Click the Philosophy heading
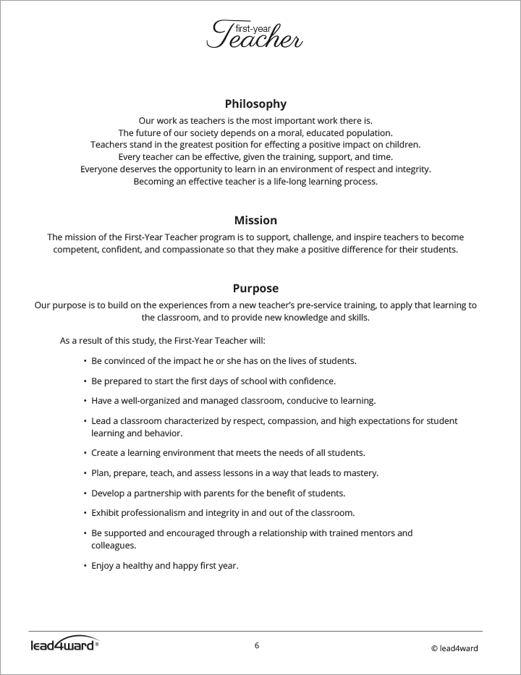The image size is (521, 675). click(255, 103)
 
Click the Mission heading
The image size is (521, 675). click(255, 220)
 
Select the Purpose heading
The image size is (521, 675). click(255, 288)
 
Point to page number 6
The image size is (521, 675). click(257, 645)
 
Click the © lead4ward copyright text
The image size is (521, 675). click(454, 648)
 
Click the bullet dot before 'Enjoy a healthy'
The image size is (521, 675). click(85, 566)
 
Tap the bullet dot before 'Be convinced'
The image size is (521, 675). click(85, 360)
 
